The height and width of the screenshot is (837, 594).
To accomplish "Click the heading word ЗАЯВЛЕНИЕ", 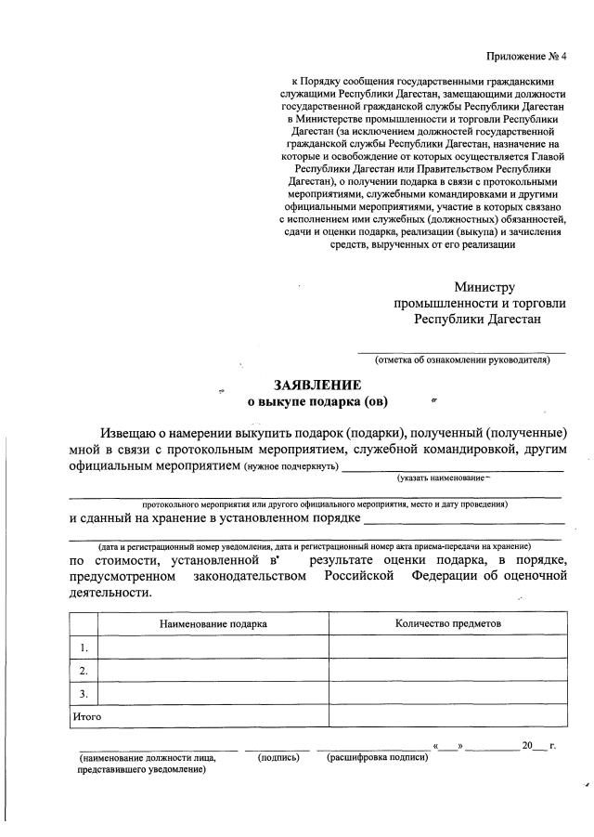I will (x=316, y=385).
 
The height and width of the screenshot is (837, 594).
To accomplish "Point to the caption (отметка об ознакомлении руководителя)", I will (x=462, y=360).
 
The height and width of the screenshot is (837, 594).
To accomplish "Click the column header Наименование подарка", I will (x=213, y=623).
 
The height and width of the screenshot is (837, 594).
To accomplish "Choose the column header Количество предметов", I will (x=447, y=623).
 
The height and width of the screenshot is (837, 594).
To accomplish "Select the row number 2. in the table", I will (x=84, y=671).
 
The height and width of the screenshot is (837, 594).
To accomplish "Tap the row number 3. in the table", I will (x=84, y=694).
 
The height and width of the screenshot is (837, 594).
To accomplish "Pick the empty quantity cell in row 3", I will (x=447, y=694).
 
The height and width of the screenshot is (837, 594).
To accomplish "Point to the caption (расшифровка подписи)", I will (x=378, y=758).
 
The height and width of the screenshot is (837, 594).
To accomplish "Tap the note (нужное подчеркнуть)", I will (x=291, y=466).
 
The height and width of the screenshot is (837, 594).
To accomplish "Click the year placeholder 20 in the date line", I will (x=527, y=746).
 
